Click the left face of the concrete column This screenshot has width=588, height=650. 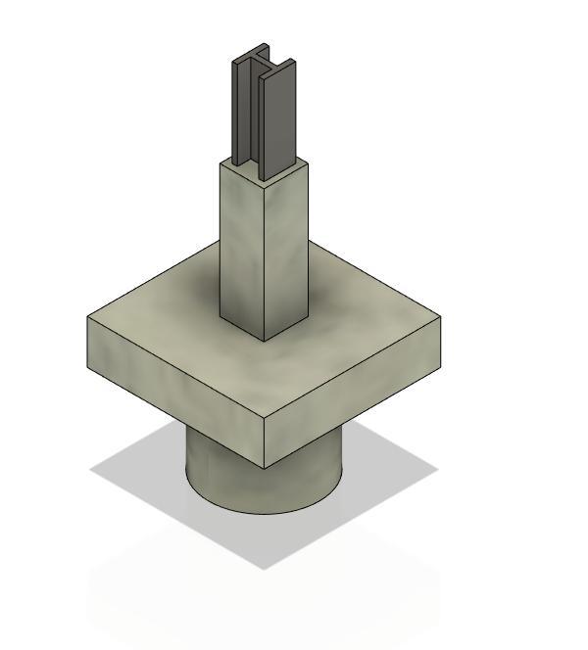241,250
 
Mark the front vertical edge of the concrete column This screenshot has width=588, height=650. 265,259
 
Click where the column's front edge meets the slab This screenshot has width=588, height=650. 265,341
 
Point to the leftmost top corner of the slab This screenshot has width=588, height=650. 88,317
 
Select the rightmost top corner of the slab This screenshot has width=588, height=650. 441,316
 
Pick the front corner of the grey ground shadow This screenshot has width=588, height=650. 263,569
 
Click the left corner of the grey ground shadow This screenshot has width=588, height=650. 91,470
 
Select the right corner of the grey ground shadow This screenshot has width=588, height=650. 437,468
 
